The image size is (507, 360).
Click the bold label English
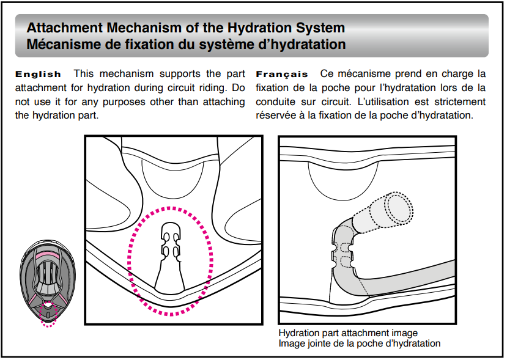coord(38,74)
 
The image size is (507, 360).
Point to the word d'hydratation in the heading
coord(306,44)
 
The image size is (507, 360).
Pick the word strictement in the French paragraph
coord(458,101)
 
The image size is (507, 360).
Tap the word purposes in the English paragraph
coord(131,101)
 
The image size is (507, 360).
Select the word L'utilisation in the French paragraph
coord(379,101)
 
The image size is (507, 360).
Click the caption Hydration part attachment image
coord(348,333)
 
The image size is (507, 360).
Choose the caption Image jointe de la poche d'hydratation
coord(359,343)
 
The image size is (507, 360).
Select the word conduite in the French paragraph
coord(275,101)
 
